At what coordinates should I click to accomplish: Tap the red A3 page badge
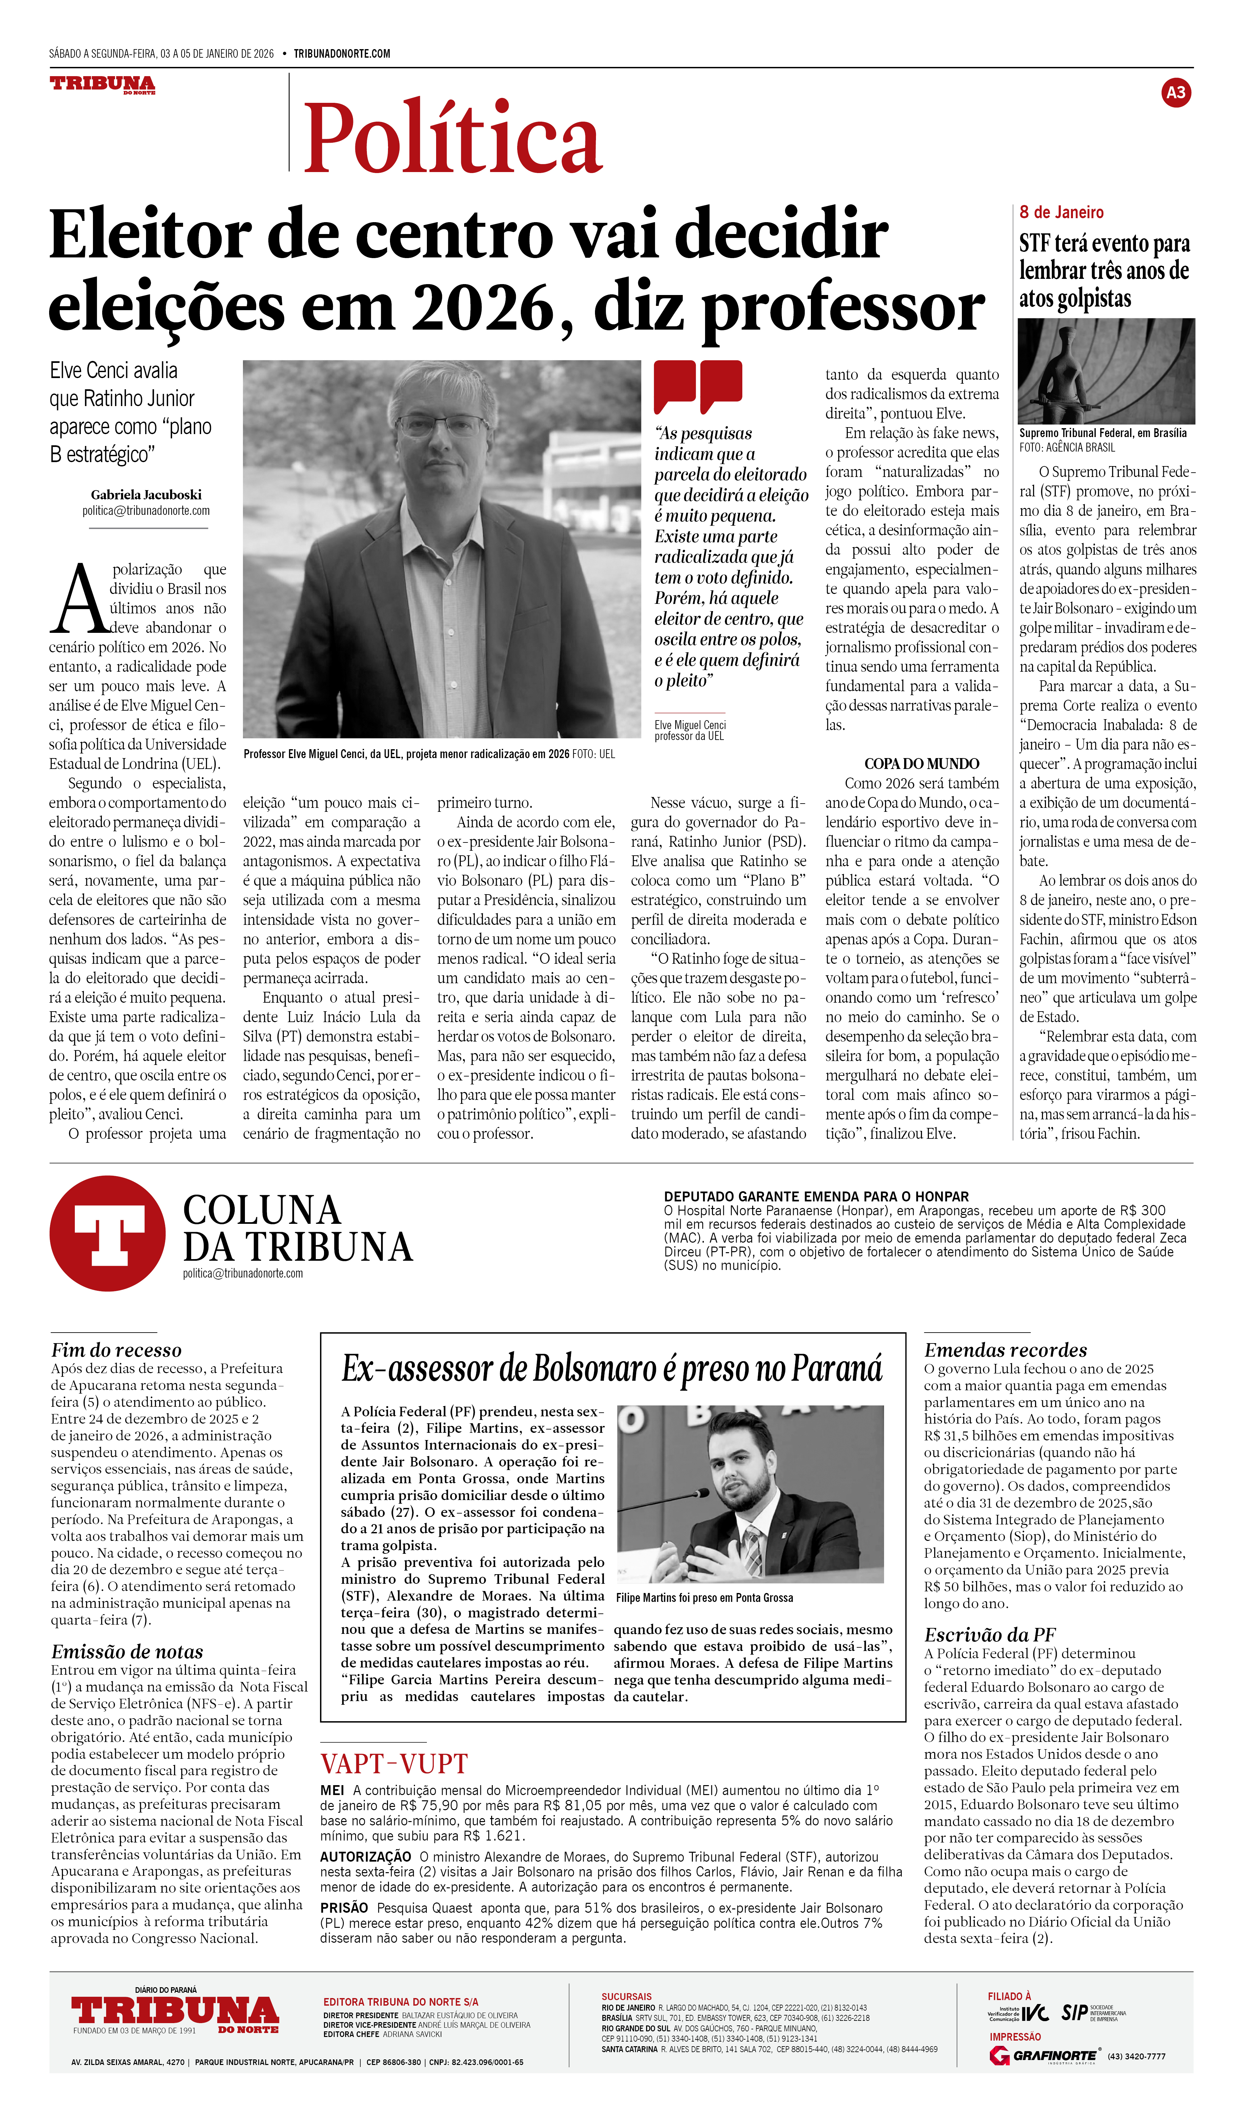pos(1175,93)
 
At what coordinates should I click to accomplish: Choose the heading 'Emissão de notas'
pos(127,1651)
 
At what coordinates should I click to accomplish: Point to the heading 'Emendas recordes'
pos(1005,1350)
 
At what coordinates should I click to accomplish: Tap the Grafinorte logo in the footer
pos(1044,2055)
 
